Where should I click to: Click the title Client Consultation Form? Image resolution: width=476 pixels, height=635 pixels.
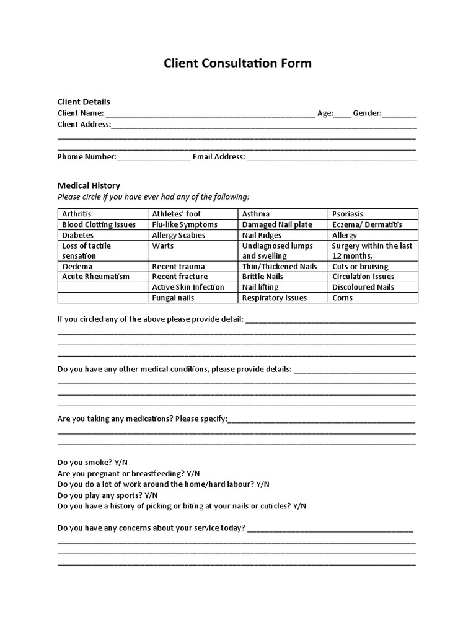point(237,63)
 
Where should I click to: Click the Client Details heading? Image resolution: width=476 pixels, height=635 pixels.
point(84,102)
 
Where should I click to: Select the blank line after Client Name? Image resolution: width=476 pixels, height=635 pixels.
point(210,114)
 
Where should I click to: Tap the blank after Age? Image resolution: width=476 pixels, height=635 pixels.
point(343,114)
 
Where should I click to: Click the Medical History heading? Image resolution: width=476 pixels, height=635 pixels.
point(89,185)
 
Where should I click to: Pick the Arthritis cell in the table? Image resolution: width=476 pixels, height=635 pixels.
point(77,214)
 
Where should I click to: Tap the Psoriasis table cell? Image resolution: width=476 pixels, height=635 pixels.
point(348,214)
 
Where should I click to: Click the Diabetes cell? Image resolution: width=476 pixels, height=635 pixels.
point(78,235)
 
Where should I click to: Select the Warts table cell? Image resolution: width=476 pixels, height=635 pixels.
point(162,246)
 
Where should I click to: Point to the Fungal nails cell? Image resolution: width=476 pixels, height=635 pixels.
point(173,298)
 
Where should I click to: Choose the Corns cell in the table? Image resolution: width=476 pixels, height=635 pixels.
point(342,298)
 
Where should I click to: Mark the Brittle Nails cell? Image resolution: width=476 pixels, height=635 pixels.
point(263,277)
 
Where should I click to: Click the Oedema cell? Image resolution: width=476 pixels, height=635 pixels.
point(77,266)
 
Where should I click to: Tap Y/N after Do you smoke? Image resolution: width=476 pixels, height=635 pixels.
point(122,463)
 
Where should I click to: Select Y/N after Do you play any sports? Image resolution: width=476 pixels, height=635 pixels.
point(151,495)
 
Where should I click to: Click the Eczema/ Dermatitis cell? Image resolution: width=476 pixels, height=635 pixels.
point(367,224)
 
